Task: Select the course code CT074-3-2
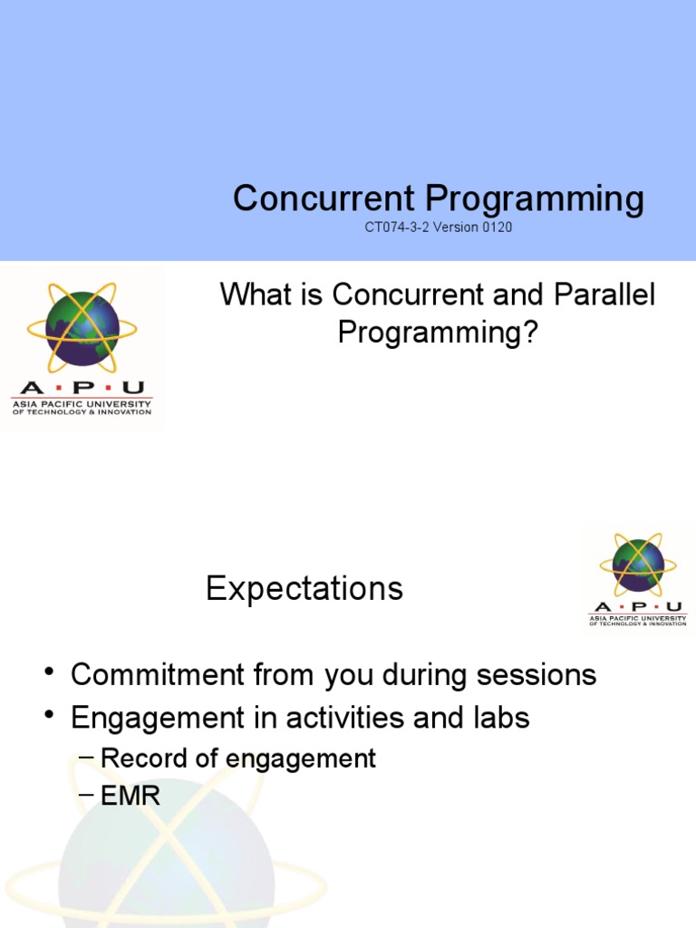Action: pos(397,227)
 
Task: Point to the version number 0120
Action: pos(497,227)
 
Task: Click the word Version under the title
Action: pos(456,227)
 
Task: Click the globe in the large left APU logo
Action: pos(82,325)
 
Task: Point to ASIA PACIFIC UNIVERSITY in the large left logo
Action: pos(82,401)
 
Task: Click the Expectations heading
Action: pos(304,589)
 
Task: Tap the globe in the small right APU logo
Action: pos(638,564)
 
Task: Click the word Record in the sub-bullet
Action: pos(134,758)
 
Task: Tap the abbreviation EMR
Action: pos(130,796)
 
